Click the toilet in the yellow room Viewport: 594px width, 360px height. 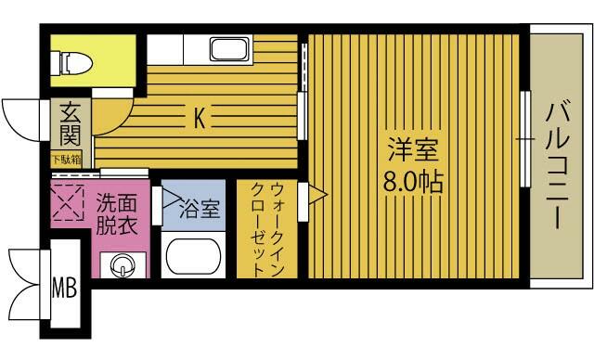click(71, 62)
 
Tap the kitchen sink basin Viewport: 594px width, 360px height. click(229, 49)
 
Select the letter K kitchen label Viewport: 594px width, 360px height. click(200, 118)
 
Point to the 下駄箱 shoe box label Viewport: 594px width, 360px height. click(66, 160)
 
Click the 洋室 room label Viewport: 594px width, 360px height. click(413, 149)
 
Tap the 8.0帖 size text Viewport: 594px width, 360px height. click(413, 181)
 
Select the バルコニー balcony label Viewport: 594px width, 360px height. click(558, 167)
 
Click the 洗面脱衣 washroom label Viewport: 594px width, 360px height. click(116, 214)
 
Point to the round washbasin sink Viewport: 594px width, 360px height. click(123, 265)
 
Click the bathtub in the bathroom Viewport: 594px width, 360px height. click(193, 256)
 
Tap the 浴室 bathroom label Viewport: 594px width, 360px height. click(200, 209)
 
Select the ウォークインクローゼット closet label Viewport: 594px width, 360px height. click(267, 229)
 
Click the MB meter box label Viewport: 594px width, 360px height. click(64, 288)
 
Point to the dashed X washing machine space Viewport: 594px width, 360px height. click(68, 202)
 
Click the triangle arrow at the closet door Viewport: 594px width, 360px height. click(317, 195)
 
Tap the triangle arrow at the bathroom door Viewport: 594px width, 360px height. click(172, 198)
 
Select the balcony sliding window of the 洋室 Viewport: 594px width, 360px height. click(524, 139)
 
